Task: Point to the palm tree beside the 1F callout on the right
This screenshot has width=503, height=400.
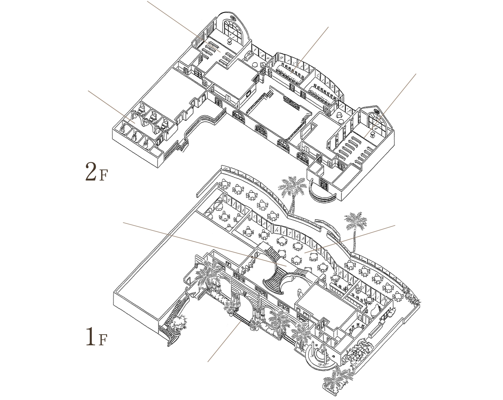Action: coord(356,223)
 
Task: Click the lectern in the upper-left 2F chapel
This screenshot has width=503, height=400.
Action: coord(229,42)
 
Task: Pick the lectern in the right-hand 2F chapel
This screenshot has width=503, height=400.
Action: coord(373,135)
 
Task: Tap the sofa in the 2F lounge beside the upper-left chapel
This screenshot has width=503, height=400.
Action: coord(249,56)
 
